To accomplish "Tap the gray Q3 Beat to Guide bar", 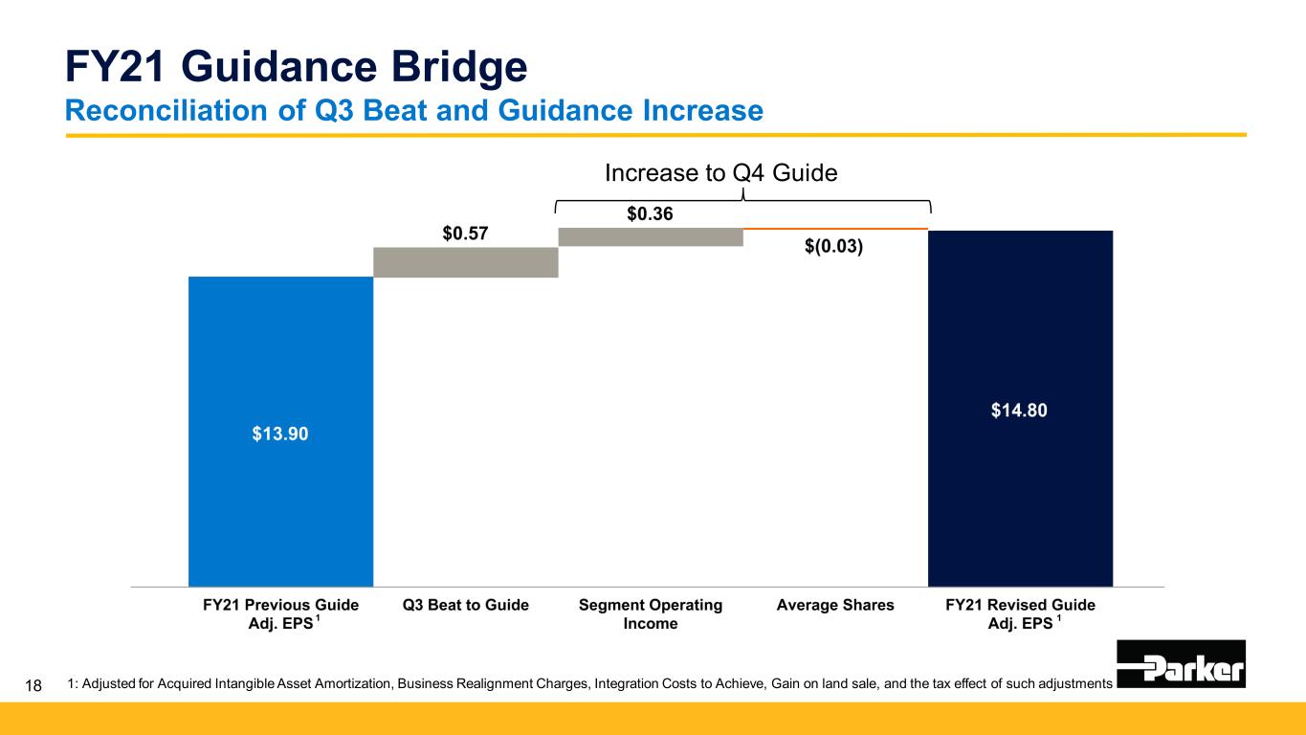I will pyautogui.click(x=465, y=262).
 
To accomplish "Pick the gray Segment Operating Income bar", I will pyautogui.click(x=651, y=236).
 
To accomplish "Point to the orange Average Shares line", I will pyautogui.click(x=835, y=229).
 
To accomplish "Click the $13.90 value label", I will pyautogui.click(x=280, y=434).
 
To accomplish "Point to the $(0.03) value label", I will pyautogui.click(x=835, y=247).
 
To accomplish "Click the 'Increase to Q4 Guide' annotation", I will pyautogui.click(x=720, y=173).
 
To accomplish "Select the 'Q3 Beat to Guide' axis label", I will pyautogui.click(x=466, y=605).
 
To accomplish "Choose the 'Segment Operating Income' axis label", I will pyautogui.click(x=651, y=614).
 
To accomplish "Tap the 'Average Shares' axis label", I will pyautogui.click(x=835, y=605).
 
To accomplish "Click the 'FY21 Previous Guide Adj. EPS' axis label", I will pyautogui.click(x=280, y=614).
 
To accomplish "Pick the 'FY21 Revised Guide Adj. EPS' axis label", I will pyautogui.click(x=1020, y=614).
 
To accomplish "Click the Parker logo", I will pyautogui.click(x=1181, y=664).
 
